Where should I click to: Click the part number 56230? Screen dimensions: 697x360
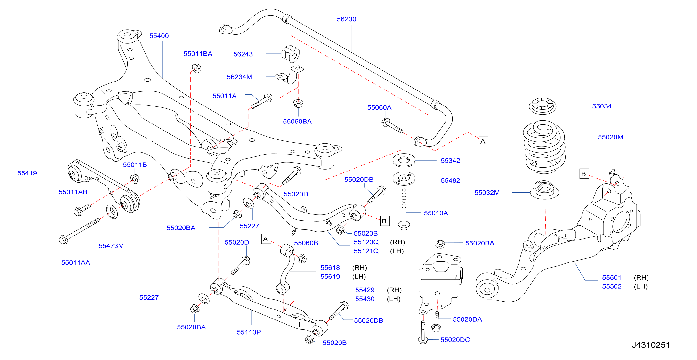(346, 19)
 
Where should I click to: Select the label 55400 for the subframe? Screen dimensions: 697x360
(159, 36)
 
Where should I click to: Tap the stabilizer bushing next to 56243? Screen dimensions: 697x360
(291, 54)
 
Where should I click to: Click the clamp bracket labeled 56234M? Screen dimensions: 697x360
(290, 75)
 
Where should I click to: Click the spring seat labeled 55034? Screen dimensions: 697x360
(543, 106)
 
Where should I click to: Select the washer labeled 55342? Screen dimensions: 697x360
(404, 160)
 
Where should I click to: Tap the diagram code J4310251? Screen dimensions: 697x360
(651, 345)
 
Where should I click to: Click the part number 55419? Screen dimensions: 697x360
(27, 173)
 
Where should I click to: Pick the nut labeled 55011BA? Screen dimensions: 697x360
(196, 68)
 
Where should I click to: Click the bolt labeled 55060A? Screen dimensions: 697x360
(392, 126)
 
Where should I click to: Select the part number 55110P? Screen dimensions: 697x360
(249, 332)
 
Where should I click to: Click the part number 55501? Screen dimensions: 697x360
(611, 278)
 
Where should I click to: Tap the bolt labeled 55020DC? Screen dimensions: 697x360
(423, 333)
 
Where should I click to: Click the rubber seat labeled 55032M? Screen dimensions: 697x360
(544, 190)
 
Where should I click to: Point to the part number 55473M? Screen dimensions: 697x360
(111, 246)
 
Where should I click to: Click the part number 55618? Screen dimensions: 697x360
(330, 268)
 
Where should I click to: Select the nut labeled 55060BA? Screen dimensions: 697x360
(298, 103)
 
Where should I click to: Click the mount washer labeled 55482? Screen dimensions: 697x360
(404, 179)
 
